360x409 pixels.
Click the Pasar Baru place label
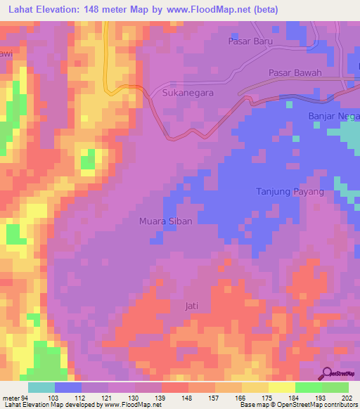[250, 41]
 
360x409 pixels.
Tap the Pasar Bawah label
[295, 73]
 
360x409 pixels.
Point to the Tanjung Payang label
[289, 192]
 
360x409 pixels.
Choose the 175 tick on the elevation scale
[269, 397]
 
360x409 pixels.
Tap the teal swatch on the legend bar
[41, 387]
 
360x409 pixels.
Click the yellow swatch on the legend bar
[282, 387]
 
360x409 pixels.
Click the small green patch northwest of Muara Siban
[88, 161]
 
